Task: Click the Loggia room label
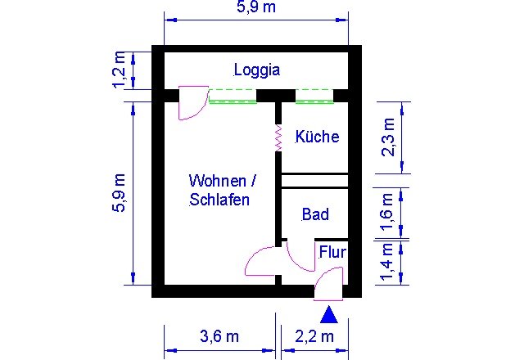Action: click(256, 70)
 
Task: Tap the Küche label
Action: click(317, 137)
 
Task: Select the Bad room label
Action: click(315, 214)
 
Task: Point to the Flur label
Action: click(332, 252)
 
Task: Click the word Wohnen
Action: click(218, 181)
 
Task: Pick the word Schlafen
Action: click(219, 200)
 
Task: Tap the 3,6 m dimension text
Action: click(219, 336)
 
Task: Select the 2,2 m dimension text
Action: click(314, 336)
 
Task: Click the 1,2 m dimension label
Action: click(120, 70)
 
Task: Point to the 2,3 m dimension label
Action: click(389, 137)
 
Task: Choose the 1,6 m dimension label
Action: click(387, 212)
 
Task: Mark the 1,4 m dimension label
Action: click(387, 262)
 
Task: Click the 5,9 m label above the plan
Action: click(256, 7)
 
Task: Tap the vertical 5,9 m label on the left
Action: click(120, 193)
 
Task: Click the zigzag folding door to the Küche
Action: click(278, 137)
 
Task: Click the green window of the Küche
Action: click(314, 97)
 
